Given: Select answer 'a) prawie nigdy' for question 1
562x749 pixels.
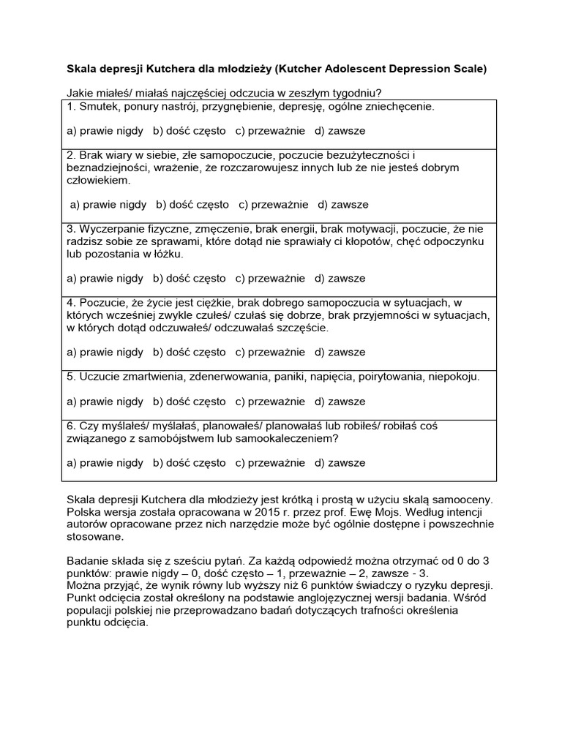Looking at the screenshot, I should [105, 131].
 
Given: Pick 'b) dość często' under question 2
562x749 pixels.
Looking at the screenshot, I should [192, 204].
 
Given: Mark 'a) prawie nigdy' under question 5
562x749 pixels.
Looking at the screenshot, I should [105, 402].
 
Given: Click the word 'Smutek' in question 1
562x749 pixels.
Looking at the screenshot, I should [97, 107].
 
